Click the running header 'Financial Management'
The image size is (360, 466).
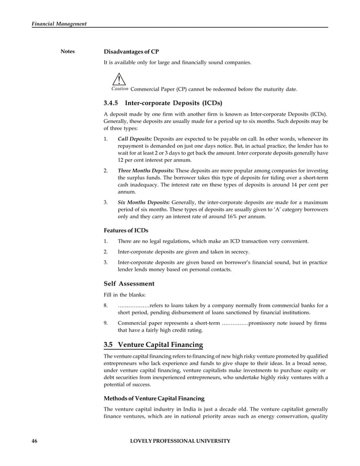point(50,23)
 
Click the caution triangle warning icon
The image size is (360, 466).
point(118,80)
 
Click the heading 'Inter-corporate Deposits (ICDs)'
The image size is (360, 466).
point(173,104)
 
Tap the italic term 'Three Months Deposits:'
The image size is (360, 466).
point(146,170)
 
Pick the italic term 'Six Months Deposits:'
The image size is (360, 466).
point(143,202)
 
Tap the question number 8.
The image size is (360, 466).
point(106,306)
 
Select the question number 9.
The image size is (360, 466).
point(106,323)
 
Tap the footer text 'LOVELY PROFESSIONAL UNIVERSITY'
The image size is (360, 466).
point(180,441)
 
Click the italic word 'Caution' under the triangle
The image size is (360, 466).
point(120,89)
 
